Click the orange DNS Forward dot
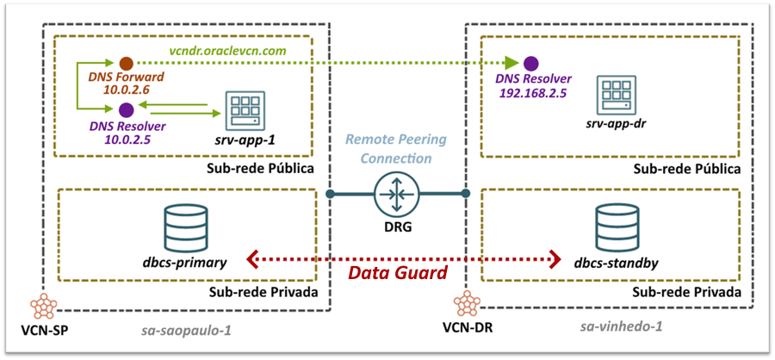(x=126, y=63)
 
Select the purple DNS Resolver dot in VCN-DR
(x=531, y=63)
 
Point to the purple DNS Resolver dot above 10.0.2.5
(x=126, y=109)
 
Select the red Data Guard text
(x=397, y=274)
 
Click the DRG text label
(x=397, y=229)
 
